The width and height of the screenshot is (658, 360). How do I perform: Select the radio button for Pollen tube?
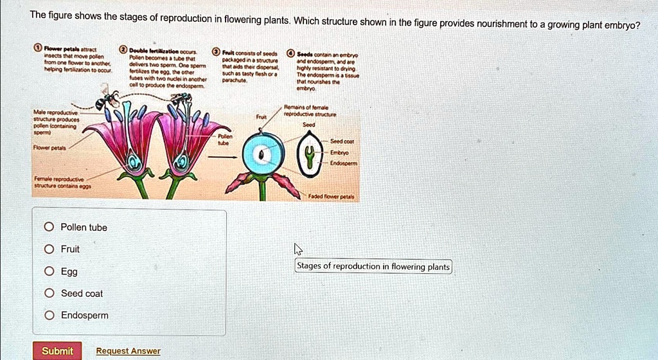tap(49, 227)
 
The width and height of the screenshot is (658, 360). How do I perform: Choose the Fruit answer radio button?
tap(49, 249)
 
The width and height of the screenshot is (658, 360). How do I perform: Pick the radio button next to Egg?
tap(49, 271)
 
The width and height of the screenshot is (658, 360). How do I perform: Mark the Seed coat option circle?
tap(49, 293)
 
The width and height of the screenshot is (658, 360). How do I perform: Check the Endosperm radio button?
tap(49, 315)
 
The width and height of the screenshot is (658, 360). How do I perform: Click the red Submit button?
tap(57, 350)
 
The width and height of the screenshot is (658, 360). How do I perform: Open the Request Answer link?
tap(128, 351)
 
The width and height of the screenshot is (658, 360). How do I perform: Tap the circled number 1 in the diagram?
tap(39, 49)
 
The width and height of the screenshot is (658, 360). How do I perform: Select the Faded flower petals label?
tap(334, 197)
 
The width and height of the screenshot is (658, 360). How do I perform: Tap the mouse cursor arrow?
tap(297, 249)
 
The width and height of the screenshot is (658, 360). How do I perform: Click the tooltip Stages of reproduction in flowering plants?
tap(373, 266)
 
